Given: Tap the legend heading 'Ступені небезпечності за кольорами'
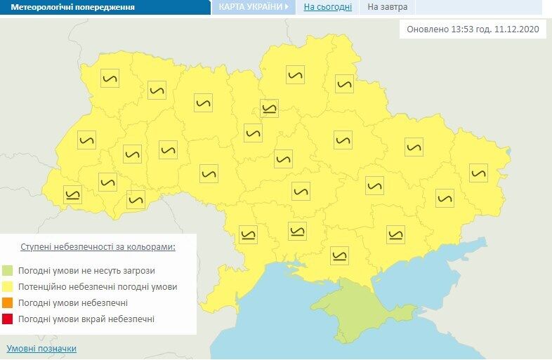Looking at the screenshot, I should pos(98,247).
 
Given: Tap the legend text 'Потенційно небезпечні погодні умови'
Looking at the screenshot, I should pos(98,287).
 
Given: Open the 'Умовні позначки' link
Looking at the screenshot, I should pos(41,349).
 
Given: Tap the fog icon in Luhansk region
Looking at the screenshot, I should pos(478,173).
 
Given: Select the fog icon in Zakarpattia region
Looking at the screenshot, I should pos(72,194).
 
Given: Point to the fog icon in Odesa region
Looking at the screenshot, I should pos(248,234).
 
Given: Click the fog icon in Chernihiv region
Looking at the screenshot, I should pos(296,74).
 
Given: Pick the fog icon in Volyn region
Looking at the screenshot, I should pos(110,78).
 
